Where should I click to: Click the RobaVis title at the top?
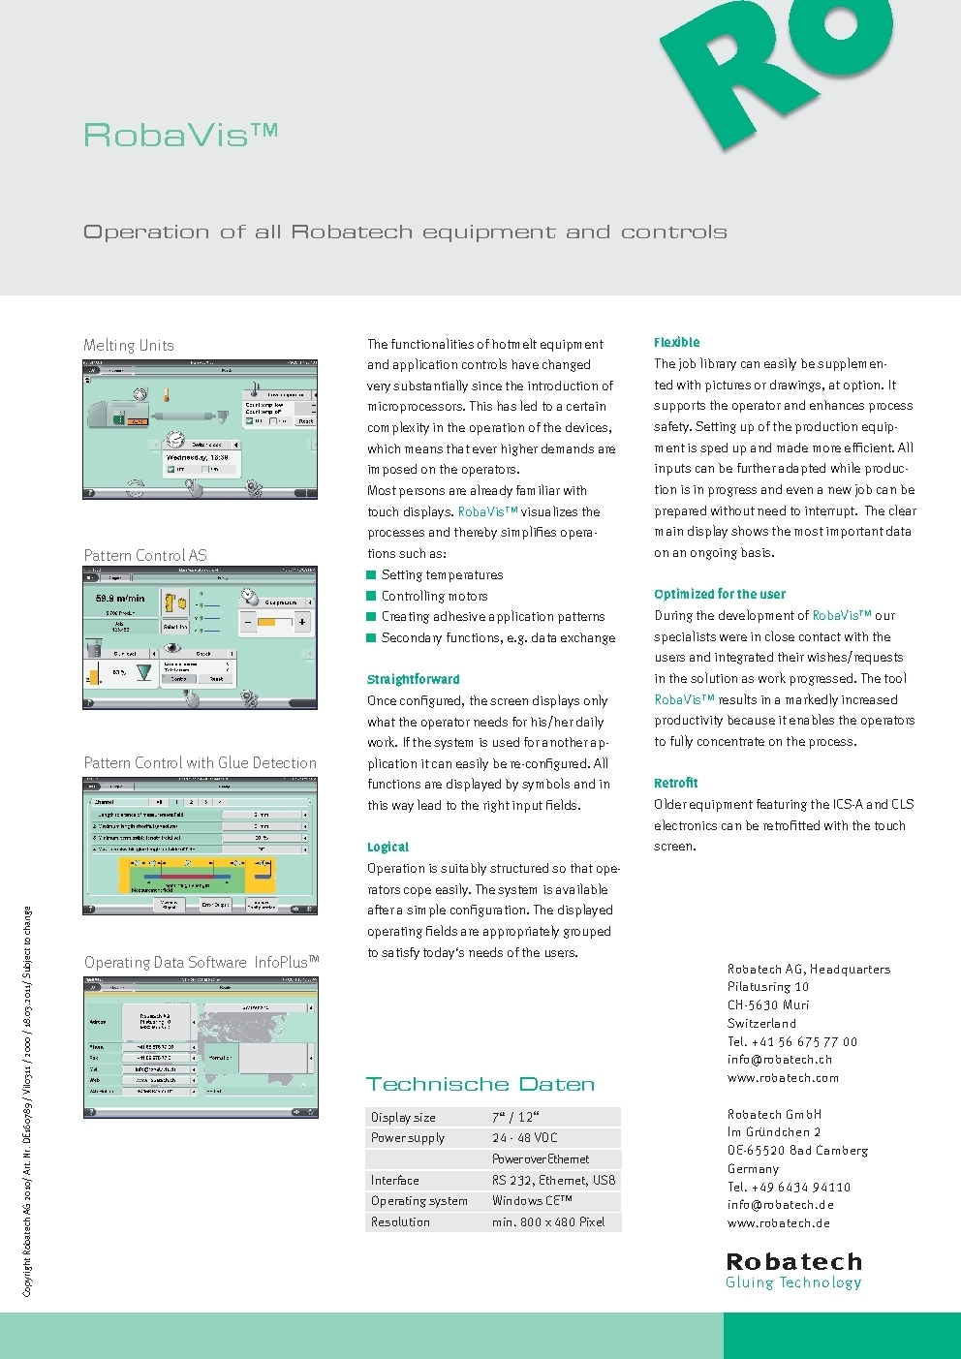point(180,135)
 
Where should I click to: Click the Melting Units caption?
point(129,346)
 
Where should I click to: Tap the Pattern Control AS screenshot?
point(201,638)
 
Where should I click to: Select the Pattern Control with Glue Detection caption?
point(201,763)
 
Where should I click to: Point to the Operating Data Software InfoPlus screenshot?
point(201,1047)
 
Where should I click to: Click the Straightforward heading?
point(414,680)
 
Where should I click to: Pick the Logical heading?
point(387,848)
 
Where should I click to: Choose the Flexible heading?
point(676,343)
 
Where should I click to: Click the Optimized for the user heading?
point(720,595)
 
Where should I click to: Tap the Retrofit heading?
point(675,784)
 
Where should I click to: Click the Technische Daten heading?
point(480,1085)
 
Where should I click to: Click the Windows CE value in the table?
point(532,1201)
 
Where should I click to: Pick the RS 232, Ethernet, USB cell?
point(553,1181)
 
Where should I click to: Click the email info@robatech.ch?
point(780,1060)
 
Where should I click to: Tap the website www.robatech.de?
point(779,1223)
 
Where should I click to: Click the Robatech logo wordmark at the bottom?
point(794,1262)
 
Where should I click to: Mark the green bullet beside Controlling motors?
point(371,596)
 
